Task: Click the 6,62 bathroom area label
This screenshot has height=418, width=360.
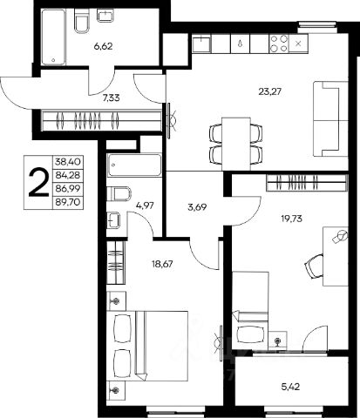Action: pos(103,46)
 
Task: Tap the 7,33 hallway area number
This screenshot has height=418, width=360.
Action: pos(111,98)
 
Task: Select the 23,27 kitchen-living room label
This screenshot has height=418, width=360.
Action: pos(270,91)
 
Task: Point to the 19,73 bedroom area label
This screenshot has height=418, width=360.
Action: pos(291,219)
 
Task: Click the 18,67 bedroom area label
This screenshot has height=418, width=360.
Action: pos(162,264)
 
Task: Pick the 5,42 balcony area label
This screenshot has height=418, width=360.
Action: pos(290,387)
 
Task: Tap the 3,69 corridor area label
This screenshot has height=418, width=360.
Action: pos(197,207)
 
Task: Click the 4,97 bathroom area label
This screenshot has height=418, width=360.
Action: pos(145,206)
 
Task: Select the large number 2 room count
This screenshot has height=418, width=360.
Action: pos(38,183)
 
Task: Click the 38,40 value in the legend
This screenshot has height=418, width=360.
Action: pos(67,161)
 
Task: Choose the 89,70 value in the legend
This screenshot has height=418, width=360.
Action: pos(67,202)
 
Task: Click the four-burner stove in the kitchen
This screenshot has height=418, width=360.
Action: pos(279,44)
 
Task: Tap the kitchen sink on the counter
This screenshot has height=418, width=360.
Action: pos(201,44)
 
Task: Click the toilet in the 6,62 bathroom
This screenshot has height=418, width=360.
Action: pos(81,21)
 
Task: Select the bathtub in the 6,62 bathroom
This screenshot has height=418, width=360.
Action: pos(53,37)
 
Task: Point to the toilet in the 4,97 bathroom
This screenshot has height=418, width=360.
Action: pos(119,194)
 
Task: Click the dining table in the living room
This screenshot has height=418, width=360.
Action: pos(236,144)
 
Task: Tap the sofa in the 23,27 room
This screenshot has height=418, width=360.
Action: pos(330,119)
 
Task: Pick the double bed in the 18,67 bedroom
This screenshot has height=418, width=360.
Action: pos(147,346)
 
